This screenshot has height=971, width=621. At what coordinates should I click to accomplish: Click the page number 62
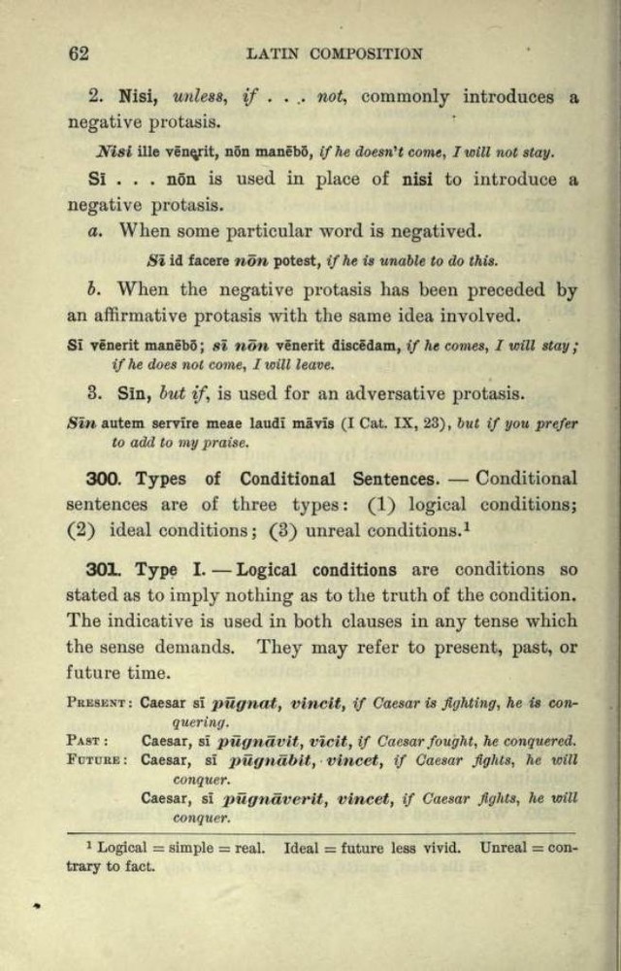pos(78,53)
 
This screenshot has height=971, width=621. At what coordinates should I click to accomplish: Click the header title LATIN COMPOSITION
pos(335,54)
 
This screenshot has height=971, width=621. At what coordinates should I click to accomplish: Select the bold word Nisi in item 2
pos(139,97)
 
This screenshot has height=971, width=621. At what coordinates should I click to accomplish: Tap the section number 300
pos(102,479)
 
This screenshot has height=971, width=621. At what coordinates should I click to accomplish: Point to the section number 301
pos(101,570)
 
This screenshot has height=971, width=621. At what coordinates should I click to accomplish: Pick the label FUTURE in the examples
pos(98,759)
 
